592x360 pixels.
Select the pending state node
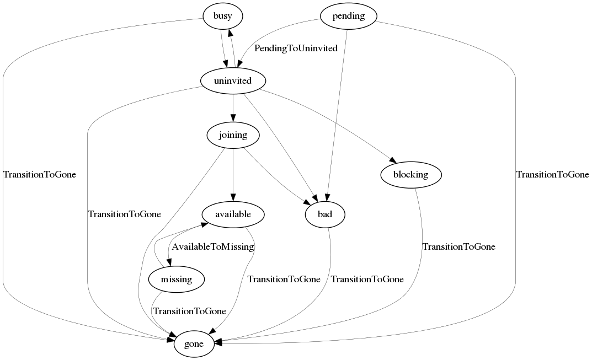pyautogui.click(x=348, y=17)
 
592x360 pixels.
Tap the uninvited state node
pyautogui.click(x=233, y=82)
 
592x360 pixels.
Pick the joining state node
pyautogui.click(x=233, y=135)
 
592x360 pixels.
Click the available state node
pyautogui.click(x=233, y=214)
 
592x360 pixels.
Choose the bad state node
pyautogui.click(x=325, y=214)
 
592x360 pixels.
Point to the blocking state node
pyautogui.click(x=411, y=175)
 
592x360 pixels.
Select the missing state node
pyautogui.click(x=177, y=280)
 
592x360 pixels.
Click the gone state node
pyautogui.click(x=194, y=345)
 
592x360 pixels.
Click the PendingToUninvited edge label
pyautogui.click(x=296, y=49)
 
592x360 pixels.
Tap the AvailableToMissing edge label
pyautogui.click(x=212, y=246)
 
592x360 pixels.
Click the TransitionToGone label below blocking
pyautogui.click(x=458, y=246)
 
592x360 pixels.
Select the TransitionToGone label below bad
pyautogui.click(x=367, y=279)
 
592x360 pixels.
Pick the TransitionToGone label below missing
pyautogui.click(x=189, y=311)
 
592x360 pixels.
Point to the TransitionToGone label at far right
pyautogui.click(x=552, y=175)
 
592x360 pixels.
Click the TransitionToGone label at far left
pyautogui.click(x=40, y=175)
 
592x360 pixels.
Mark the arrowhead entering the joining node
pyautogui.click(x=233, y=118)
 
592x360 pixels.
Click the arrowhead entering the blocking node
pyautogui.click(x=392, y=160)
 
